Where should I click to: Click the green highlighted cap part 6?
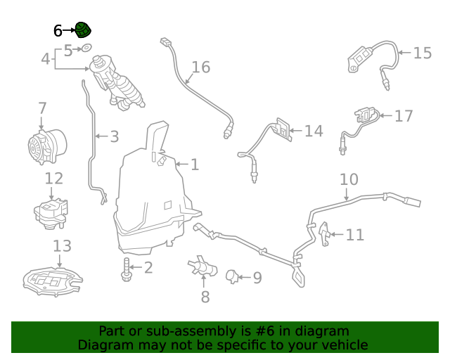point(84,30)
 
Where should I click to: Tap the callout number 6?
point(58,30)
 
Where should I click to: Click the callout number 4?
point(45,59)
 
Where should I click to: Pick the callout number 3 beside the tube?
point(113,136)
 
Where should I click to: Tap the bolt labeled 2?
point(127,268)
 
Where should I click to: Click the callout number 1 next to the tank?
point(194,165)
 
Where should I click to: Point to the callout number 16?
point(200,67)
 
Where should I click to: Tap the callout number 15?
point(422,53)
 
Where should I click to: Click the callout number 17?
point(404,116)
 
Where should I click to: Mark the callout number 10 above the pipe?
point(349,179)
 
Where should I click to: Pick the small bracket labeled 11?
point(324,233)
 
